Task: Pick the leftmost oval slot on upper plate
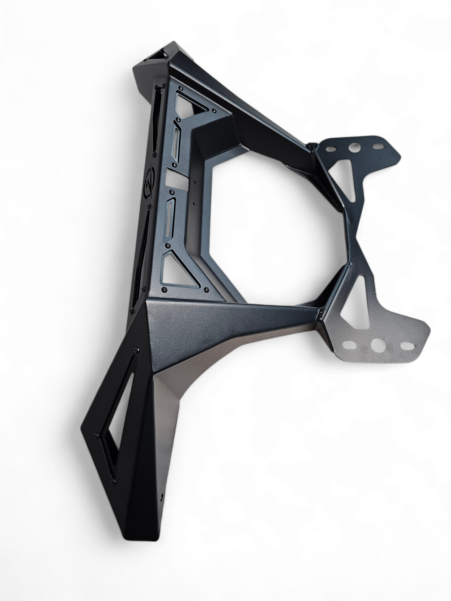click(x=330, y=148)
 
